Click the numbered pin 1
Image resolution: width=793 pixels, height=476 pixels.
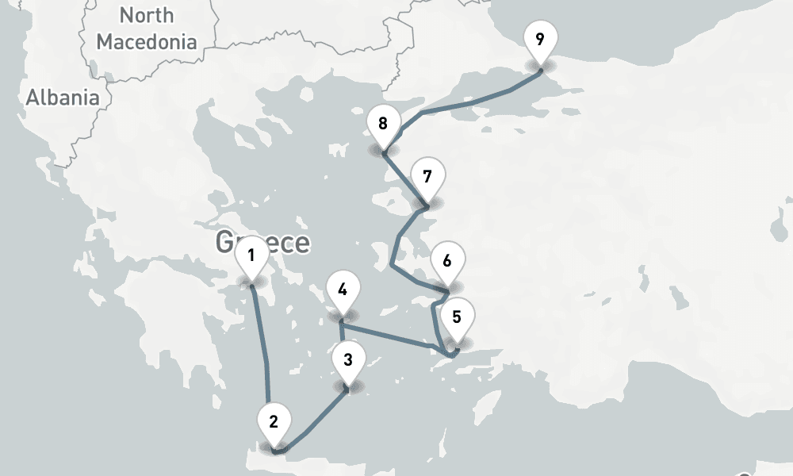coord(251,256)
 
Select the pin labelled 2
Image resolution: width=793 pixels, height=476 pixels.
coord(274,422)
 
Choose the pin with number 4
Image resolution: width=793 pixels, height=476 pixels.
coord(342,290)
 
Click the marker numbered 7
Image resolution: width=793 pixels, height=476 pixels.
coord(427,177)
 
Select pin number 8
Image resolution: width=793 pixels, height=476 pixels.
coord(383,125)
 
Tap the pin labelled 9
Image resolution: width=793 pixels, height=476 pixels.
coord(540,39)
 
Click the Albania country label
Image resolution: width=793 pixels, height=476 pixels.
coord(63,98)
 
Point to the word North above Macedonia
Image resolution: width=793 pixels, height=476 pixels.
coord(147,15)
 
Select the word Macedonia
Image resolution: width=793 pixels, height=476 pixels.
coord(147,41)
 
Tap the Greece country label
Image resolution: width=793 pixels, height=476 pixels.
coord(262,242)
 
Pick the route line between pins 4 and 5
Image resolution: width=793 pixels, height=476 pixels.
coord(393,336)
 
